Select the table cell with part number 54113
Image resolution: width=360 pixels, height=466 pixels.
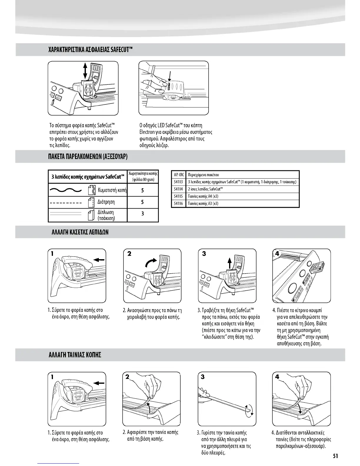click(x=178, y=182)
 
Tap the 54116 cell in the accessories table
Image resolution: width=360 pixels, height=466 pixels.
click(x=178, y=203)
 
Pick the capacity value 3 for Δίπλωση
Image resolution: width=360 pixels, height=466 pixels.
click(x=142, y=213)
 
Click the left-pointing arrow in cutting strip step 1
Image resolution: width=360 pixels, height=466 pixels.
click(x=99, y=383)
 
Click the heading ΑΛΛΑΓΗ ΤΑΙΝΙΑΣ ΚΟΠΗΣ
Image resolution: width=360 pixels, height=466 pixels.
click(x=75, y=355)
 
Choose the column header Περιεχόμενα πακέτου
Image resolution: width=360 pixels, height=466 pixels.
click(x=203, y=175)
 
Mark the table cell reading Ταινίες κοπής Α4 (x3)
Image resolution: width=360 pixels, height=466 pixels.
click(x=203, y=196)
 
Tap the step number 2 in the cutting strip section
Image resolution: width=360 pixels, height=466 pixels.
click(x=127, y=377)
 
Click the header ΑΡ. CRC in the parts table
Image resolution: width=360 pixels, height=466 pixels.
click(x=178, y=175)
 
